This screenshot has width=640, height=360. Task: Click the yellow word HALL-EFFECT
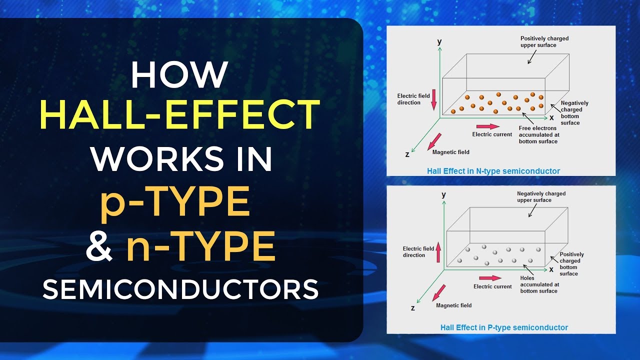180,114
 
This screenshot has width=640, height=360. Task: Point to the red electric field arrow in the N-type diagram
433,99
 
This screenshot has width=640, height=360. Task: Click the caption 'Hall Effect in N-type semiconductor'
493,171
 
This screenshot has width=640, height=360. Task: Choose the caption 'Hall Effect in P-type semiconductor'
504,327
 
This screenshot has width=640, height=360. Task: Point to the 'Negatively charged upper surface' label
541,196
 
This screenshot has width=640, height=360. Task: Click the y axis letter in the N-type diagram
439,42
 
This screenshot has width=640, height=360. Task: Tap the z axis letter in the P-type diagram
412,308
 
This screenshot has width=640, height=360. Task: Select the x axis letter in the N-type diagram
551,117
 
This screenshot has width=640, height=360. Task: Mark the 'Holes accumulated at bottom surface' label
539,284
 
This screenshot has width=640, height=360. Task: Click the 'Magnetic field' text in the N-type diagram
450,152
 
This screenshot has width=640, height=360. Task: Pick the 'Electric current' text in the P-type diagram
492,286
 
